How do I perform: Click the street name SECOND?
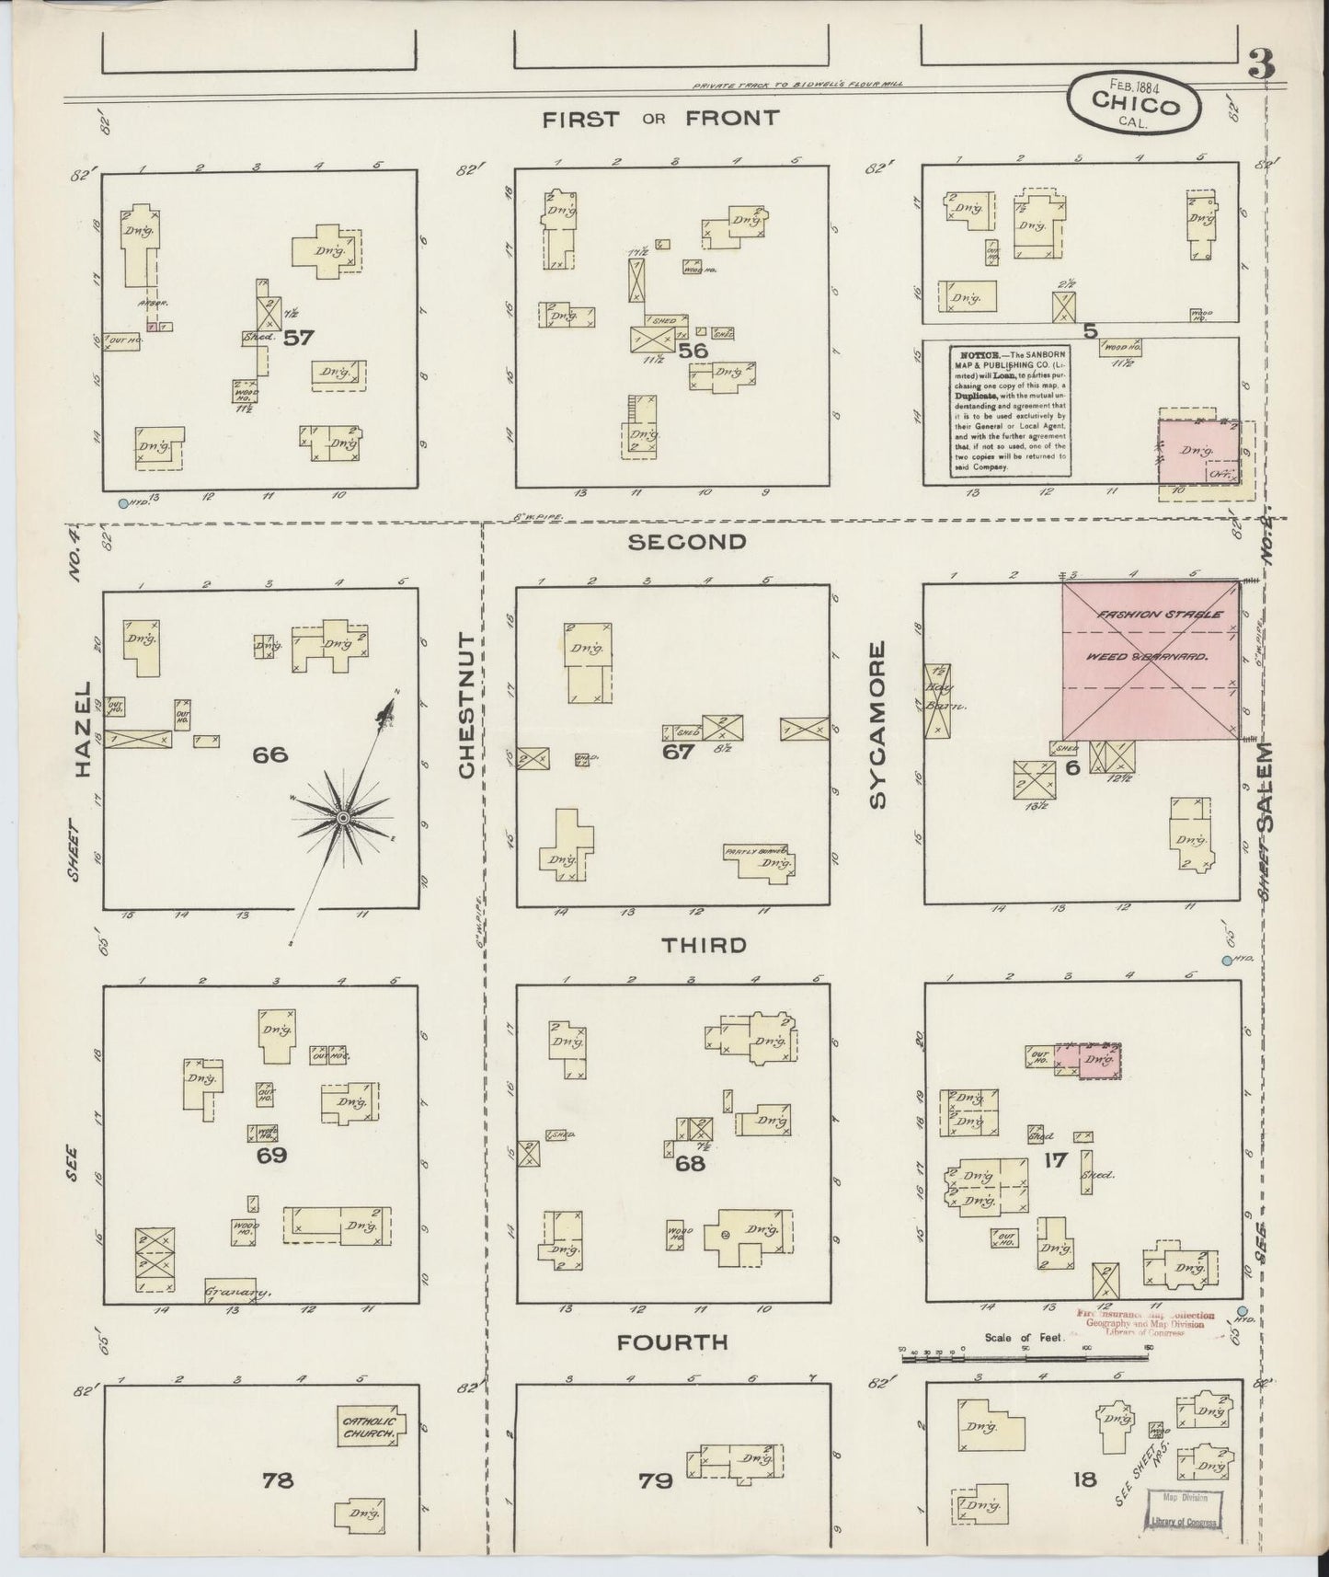tap(686, 542)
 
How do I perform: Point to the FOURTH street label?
tap(672, 1342)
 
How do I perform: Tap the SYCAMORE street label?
tap(876, 726)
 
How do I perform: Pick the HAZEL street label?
tap(85, 731)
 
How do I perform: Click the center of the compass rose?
tap(342, 818)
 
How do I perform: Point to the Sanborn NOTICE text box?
tap(1011, 410)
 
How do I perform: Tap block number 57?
tap(298, 338)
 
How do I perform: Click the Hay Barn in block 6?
tap(938, 700)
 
